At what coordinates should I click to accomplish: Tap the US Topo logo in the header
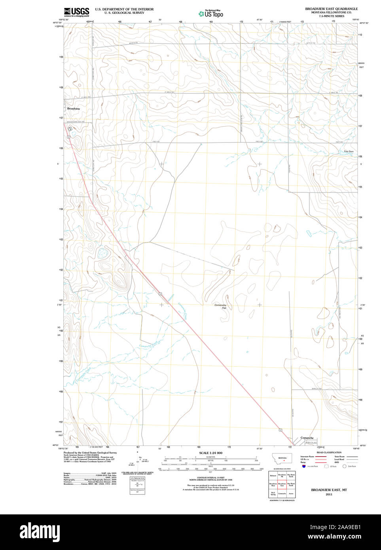pos(211,14)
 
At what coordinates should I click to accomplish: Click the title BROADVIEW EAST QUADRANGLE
pos(331,9)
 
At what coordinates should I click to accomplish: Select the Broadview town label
pos(74,108)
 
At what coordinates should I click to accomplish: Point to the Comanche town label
pos(307,438)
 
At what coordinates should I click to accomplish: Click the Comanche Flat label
pos(220,306)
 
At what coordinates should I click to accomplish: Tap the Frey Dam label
pos(349,152)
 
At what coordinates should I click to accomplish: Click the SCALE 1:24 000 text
pos(210,453)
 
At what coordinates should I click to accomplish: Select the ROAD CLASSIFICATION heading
pos(329,452)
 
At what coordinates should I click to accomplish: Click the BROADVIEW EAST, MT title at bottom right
pos(329,490)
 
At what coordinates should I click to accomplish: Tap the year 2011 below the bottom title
pos(329,495)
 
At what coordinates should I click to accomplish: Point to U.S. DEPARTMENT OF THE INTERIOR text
pos(124,9)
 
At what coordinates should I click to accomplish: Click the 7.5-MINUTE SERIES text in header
pos(331,16)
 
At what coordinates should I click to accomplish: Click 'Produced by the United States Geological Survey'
pos(90,452)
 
